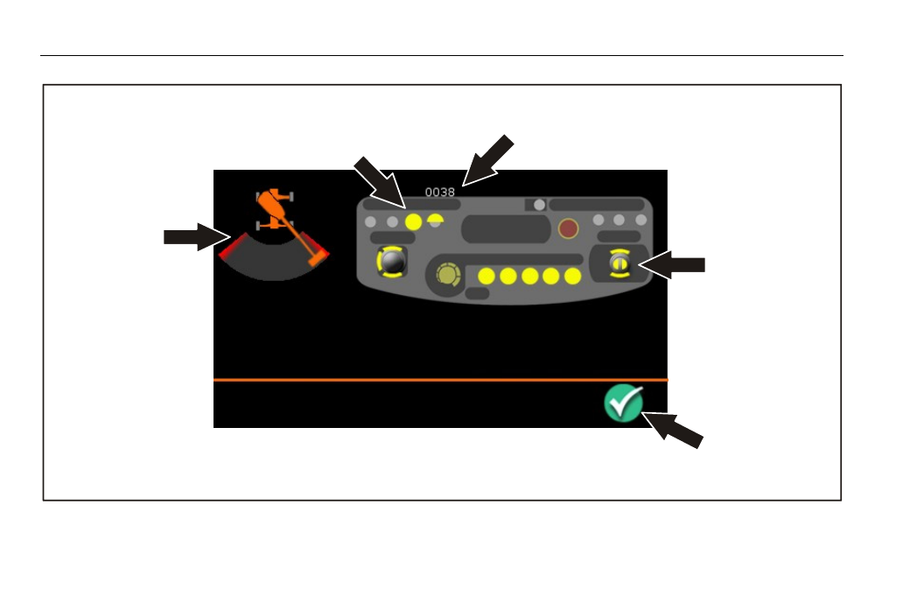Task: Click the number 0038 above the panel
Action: click(x=440, y=192)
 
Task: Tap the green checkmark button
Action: click(x=624, y=403)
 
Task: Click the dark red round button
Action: click(x=568, y=228)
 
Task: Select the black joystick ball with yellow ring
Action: click(x=392, y=262)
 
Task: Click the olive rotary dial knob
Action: click(x=447, y=275)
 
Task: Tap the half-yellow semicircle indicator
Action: click(x=435, y=220)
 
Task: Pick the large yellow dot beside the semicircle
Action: click(x=413, y=222)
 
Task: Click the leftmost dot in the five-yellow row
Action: click(x=486, y=277)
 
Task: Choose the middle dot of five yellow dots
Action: click(x=530, y=277)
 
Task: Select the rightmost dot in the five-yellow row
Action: click(x=573, y=277)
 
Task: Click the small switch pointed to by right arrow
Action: click(x=619, y=263)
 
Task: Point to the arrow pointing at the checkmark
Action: click(x=673, y=431)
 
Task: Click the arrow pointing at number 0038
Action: click(x=487, y=161)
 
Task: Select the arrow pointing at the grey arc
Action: click(x=197, y=237)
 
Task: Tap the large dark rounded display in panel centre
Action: click(x=506, y=228)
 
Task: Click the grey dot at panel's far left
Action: click(x=370, y=222)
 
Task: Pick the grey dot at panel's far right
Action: click(x=640, y=220)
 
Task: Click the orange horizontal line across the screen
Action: click(x=440, y=380)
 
